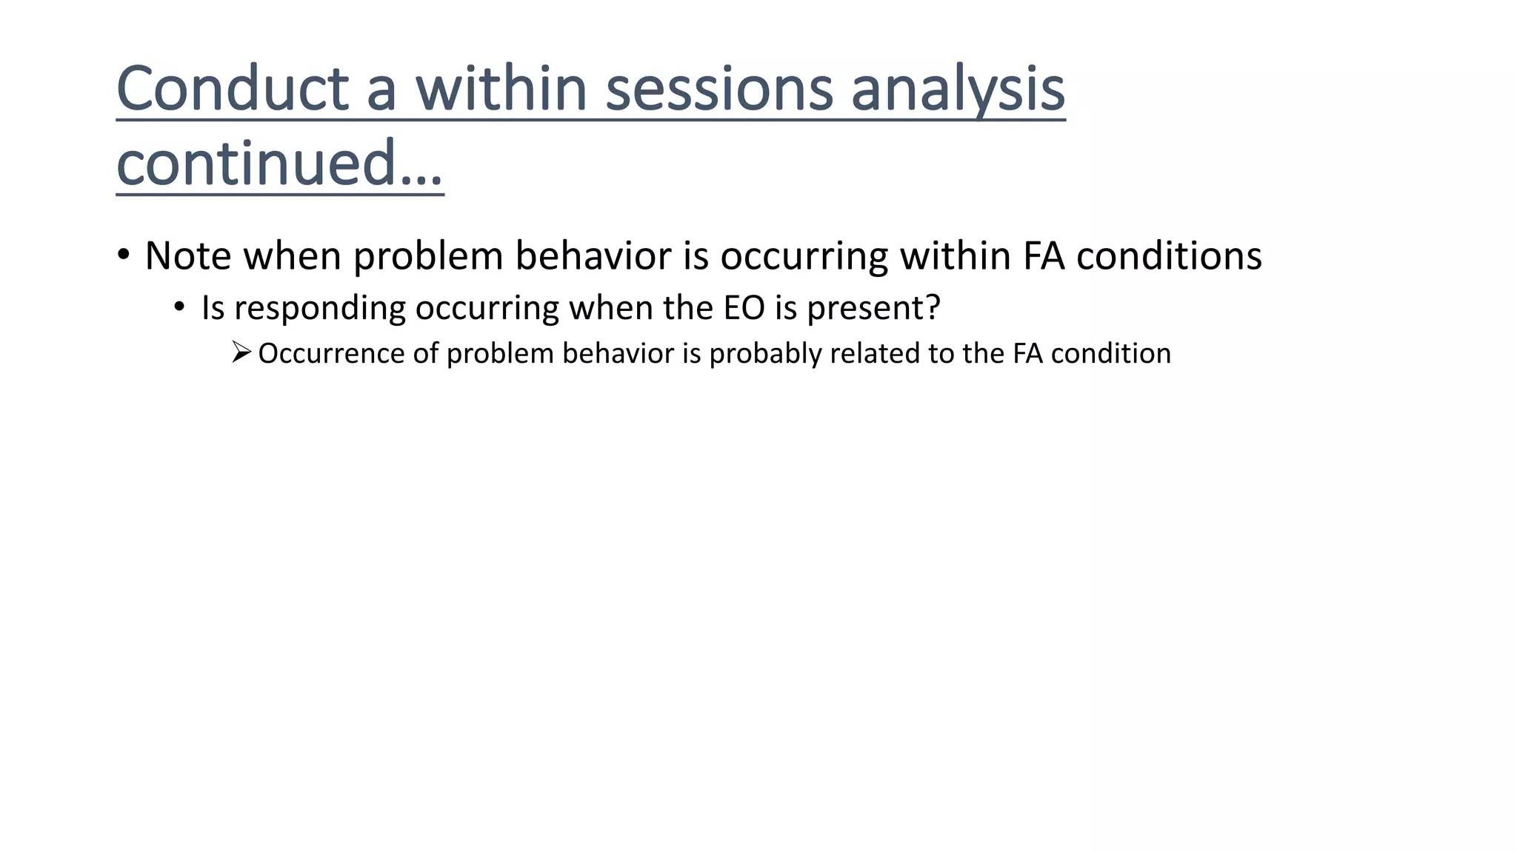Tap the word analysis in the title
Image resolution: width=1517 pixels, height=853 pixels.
(x=958, y=90)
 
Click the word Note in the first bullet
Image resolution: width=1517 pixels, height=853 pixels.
(x=188, y=256)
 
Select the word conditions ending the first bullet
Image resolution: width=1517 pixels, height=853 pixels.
(x=1169, y=256)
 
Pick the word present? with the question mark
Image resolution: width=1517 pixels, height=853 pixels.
(x=873, y=308)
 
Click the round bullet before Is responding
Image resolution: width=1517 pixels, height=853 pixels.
(x=180, y=307)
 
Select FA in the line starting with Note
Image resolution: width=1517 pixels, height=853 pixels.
(x=1044, y=256)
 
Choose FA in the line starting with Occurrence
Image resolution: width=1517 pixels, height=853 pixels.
(x=1028, y=353)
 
